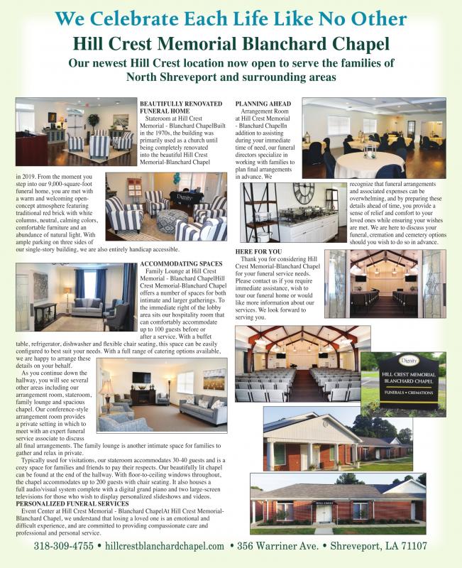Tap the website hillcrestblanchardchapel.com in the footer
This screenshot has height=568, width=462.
(x=165, y=546)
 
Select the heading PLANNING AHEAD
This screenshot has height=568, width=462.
(x=262, y=104)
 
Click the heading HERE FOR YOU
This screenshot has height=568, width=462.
(x=258, y=251)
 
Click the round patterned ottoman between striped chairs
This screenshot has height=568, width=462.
(x=171, y=222)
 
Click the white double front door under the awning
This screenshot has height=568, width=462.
(x=325, y=514)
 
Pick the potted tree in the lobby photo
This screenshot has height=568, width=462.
(x=94, y=121)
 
